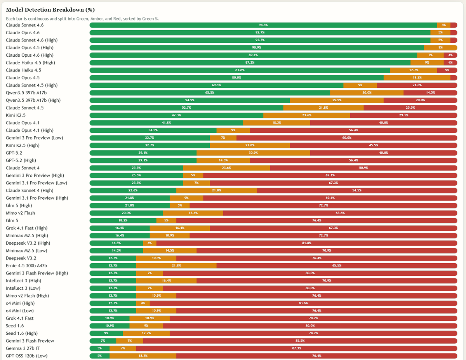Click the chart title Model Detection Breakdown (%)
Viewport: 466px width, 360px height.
click(x=50, y=9)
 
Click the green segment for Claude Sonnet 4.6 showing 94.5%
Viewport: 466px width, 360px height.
click(x=263, y=25)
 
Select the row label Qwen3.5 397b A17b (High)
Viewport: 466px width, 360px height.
click(x=33, y=100)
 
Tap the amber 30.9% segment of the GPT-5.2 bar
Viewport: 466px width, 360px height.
click(x=253, y=153)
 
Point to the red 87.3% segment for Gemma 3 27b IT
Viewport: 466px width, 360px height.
click(x=296, y=348)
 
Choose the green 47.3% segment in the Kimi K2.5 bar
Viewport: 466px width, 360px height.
click(x=176, y=115)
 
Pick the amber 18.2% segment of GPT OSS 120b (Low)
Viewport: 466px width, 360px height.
click(x=143, y=356)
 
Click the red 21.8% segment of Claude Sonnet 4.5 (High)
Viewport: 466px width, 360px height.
click(x=417, y=85)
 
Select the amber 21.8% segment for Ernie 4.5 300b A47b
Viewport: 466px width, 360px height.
click(x=176, y=266)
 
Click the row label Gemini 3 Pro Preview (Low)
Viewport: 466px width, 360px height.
click(x=34, y=138)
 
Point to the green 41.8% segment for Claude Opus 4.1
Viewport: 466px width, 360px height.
click(x=166, y=123)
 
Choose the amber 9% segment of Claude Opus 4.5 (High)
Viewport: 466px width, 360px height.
click(x=440, y=47)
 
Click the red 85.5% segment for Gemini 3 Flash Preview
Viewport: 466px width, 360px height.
click(x=300, y=341)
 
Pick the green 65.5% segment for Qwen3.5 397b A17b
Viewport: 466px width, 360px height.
click(x=210, y=93)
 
